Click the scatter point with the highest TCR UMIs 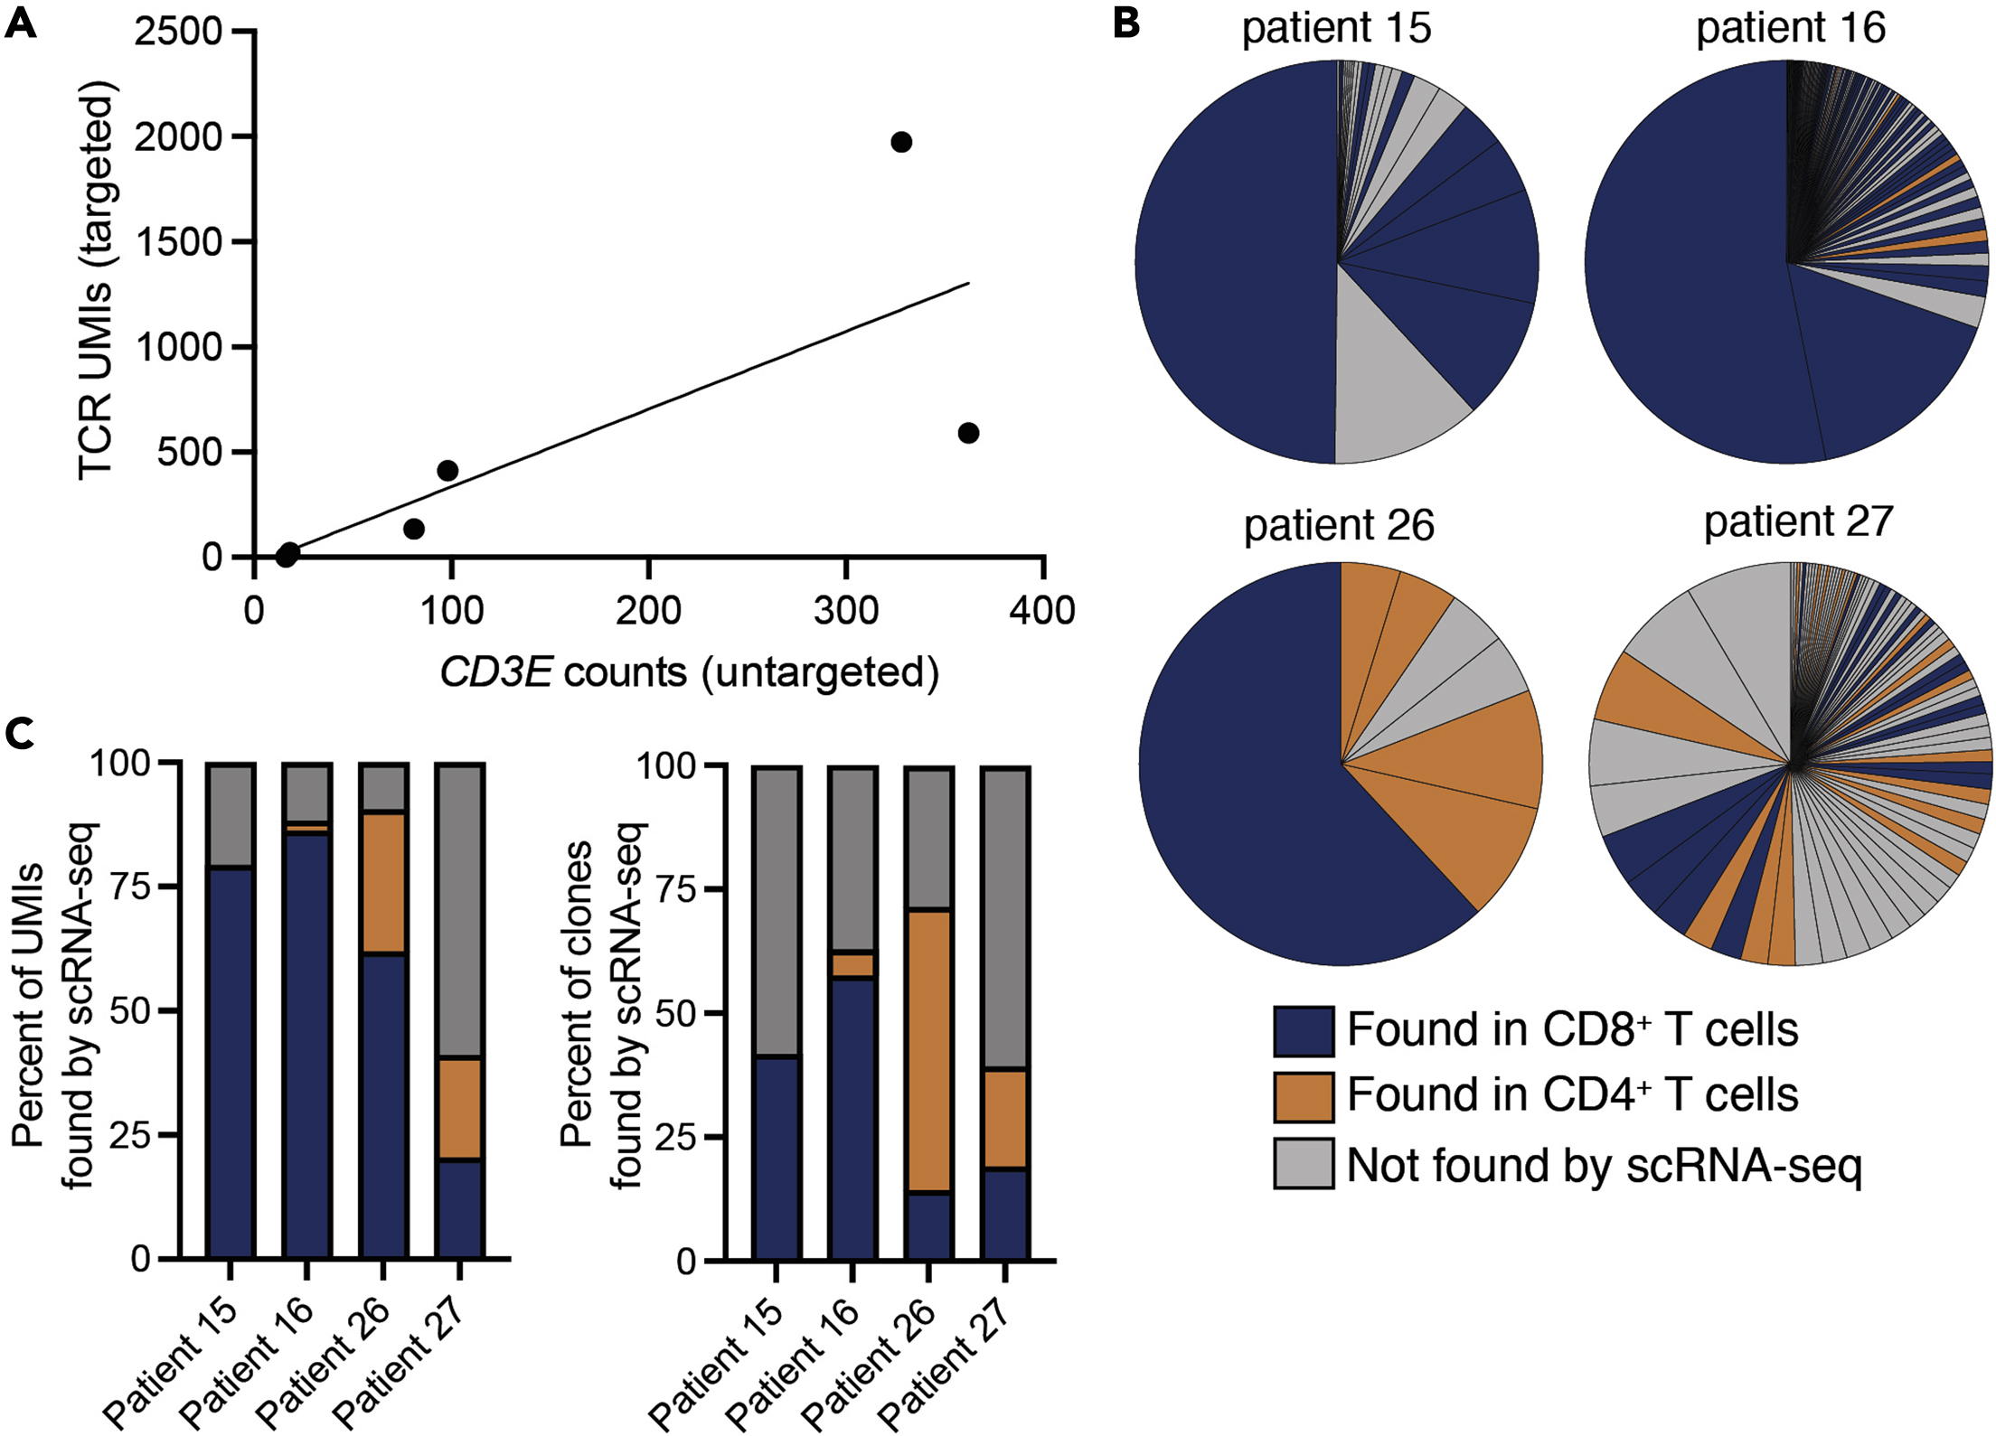coord(900,142)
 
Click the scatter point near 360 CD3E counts coord(968,433)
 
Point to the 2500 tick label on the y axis coord(178,32)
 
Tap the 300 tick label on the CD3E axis coord(845,612)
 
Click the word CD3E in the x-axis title coord(495,673)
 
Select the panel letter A coord(20,22)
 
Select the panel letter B coord(1126,22)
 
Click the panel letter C coord(20,734)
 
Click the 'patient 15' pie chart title coord(1336,28)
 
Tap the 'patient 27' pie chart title coord(1798,522)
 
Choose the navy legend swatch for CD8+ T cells coord(1303,1031)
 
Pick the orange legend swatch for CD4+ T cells coord(1303,1097)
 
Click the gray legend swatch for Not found coord(1303,1163)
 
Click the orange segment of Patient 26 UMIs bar coord(383,883)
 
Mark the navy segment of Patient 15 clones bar coord(777,1157)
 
